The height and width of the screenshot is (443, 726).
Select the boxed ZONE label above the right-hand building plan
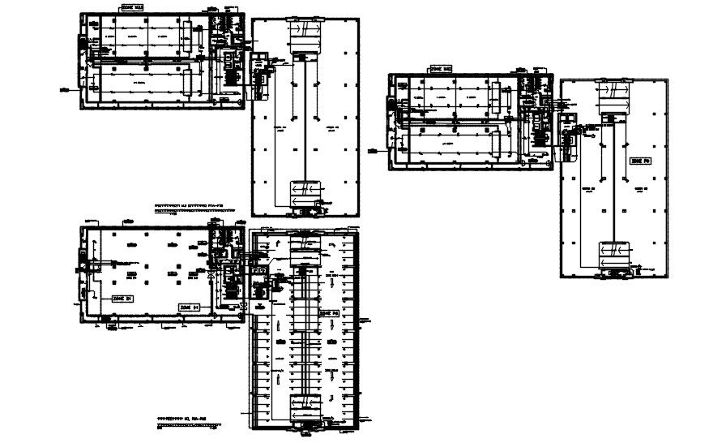[442, 70]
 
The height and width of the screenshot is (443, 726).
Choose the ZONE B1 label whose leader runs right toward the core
[190, 308]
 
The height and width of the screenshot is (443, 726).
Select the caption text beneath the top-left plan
[197, 209]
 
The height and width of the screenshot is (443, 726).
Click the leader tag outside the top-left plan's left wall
[62, 88]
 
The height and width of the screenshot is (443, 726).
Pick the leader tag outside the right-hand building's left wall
[373, 148]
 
